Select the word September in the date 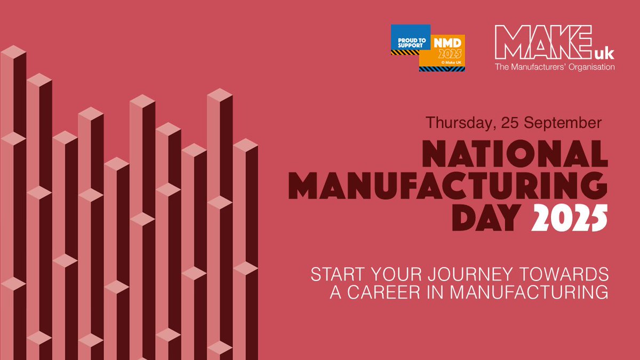point(561,122)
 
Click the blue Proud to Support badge point(410,38)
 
